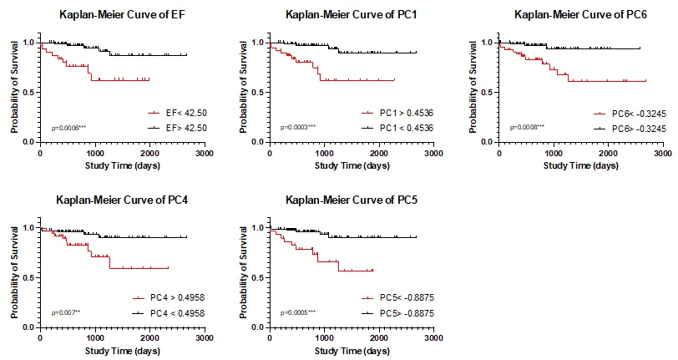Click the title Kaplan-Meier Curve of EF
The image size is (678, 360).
[115, 14]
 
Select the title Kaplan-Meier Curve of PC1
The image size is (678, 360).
[342, 14]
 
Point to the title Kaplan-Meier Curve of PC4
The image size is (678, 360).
[114, 200]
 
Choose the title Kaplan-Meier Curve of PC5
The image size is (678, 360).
[342, 200]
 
